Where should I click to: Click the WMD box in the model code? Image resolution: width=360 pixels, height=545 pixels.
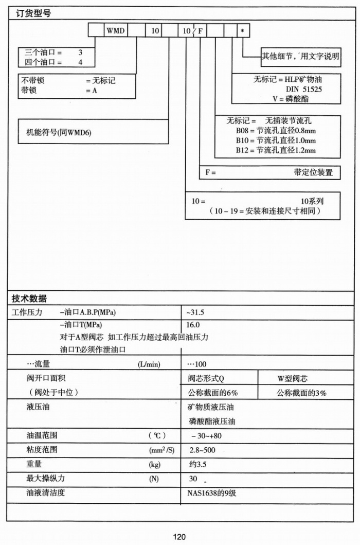tap(116, 31)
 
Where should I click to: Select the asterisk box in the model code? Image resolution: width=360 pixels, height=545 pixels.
tap(242, 31)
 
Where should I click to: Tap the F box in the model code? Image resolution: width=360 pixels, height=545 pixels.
tap(201, 31)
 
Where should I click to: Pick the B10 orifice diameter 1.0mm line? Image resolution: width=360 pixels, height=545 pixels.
tap(276, 140)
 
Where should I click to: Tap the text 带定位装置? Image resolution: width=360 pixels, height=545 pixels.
tap(313, 172)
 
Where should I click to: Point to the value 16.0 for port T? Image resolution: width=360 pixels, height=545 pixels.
tap(193, 325)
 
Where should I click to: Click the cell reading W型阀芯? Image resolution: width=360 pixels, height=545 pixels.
tap(293, 379)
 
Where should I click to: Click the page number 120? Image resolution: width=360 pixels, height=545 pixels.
tap(179, 537)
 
